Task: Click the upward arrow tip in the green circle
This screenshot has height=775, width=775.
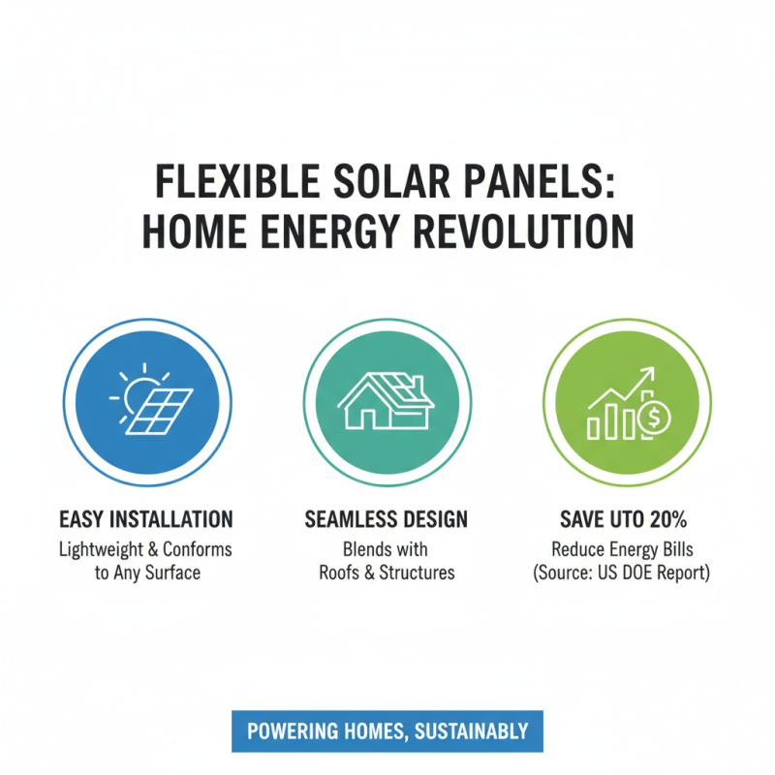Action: [x=652, y=372]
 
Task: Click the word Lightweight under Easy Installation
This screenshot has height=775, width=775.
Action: [x=99, y=549]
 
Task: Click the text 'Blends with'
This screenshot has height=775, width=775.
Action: [x=387, y=549]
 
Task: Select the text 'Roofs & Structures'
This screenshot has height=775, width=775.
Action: [x=387, y=573]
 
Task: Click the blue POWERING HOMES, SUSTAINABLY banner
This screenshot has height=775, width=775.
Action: [x=387, y=731]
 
